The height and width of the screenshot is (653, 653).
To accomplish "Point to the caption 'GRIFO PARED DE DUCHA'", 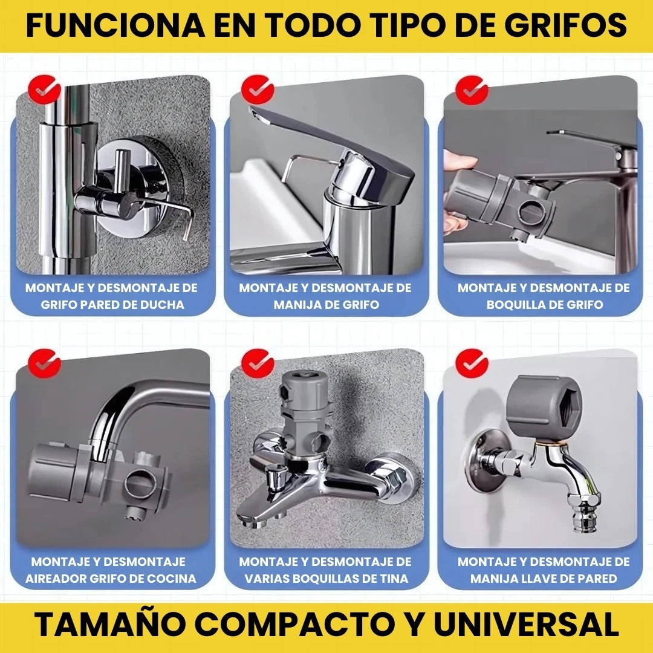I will click(112, 305).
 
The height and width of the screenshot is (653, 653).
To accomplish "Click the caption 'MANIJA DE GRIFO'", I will click(326, 305).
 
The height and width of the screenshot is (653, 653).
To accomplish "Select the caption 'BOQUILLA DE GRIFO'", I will click(544, 305).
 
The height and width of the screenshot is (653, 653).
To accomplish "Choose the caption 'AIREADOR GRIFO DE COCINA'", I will click(111, 579).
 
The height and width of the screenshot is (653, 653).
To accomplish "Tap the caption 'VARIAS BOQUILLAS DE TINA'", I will click(326, 579).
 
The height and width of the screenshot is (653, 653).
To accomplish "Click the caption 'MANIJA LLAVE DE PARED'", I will click(544, 579).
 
